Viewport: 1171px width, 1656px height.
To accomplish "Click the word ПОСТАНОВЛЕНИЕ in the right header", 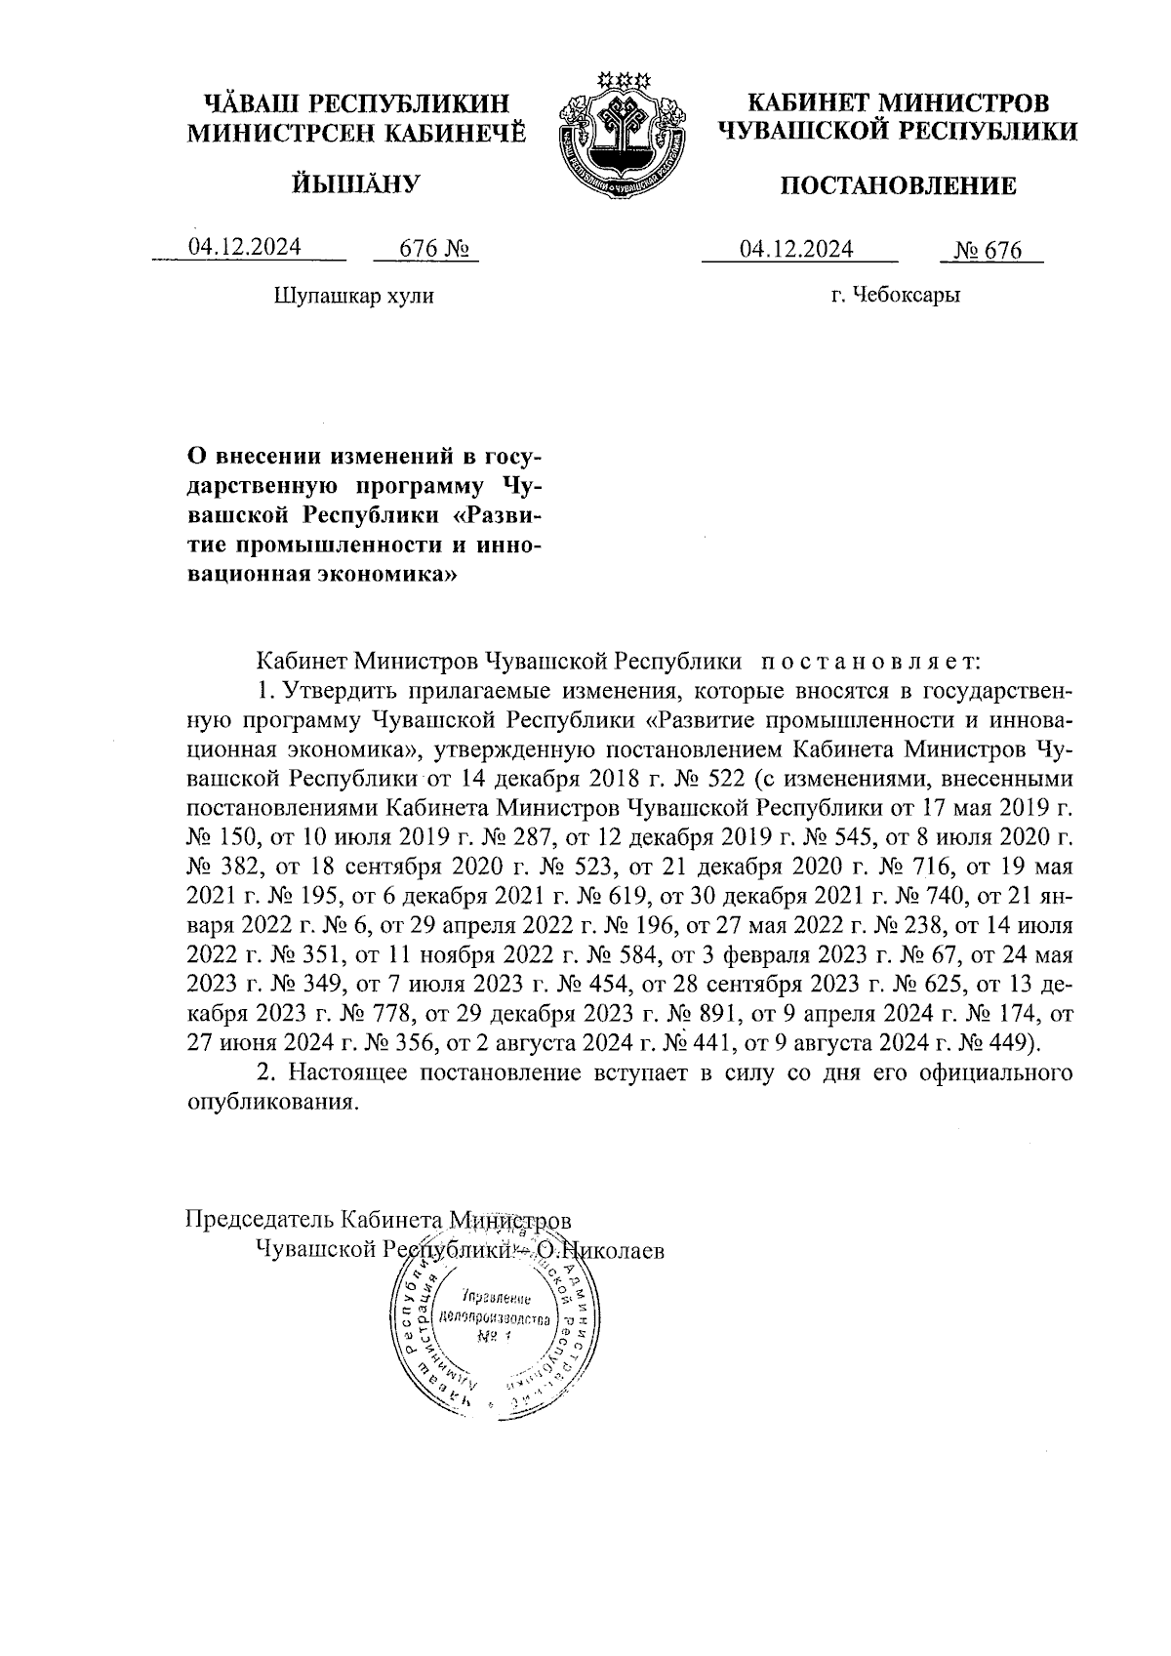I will pos(898,185).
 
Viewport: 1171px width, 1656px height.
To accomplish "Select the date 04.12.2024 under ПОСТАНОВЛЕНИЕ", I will pos(796,250).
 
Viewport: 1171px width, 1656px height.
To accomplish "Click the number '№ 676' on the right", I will pos(989,251).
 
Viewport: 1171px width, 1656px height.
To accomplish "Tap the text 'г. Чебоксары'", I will pos(895,295).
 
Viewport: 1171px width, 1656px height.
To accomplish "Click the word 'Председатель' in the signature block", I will pos(257,1220).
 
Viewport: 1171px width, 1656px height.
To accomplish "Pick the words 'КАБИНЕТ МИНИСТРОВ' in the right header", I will pos(898,102).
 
